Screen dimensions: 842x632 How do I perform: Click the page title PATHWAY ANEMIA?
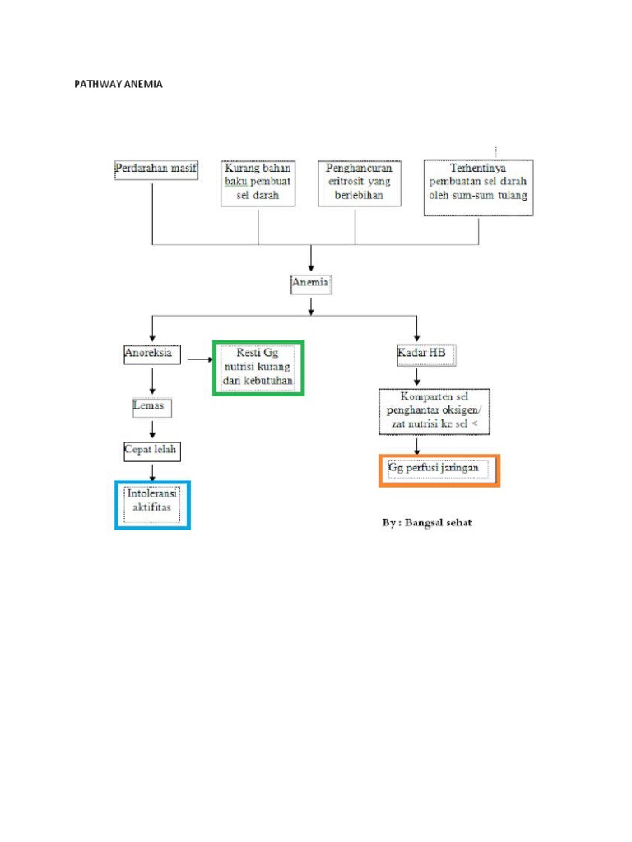coord(119,84)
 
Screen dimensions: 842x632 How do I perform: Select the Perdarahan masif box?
coord(156,169)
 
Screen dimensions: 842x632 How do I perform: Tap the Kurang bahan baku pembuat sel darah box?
coord(258,183)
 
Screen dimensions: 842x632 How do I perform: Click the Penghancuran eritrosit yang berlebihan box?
coord(360,183)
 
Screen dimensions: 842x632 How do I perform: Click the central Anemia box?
coord(311,284)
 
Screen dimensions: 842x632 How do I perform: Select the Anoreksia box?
coord(149,354)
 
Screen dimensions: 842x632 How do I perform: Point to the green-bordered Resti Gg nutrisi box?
coord(258,368)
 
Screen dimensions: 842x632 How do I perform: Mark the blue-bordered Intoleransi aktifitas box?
coord(152,504)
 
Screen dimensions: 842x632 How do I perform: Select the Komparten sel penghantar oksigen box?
coord(422,411)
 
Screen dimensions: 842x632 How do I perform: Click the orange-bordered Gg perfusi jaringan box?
coord(439,470)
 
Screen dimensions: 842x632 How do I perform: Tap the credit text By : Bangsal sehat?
coord(427,523)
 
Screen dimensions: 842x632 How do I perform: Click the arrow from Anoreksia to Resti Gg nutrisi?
coord(200,359)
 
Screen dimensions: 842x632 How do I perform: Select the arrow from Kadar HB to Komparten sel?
coord(418,377)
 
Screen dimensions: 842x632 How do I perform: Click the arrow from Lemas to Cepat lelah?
coord(152,428)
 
